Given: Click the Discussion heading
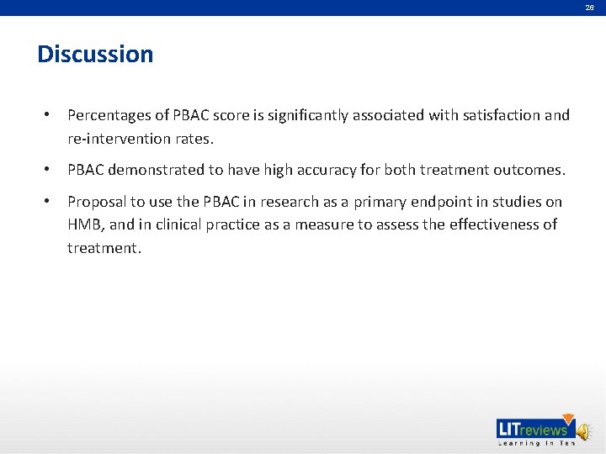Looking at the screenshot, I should pos(95,55).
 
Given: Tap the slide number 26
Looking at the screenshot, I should pos(590,7).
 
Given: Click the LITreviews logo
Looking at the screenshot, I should pos(534,430).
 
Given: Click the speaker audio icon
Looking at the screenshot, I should pos(584,430).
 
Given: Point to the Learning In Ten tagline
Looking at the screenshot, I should pos(536,443).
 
